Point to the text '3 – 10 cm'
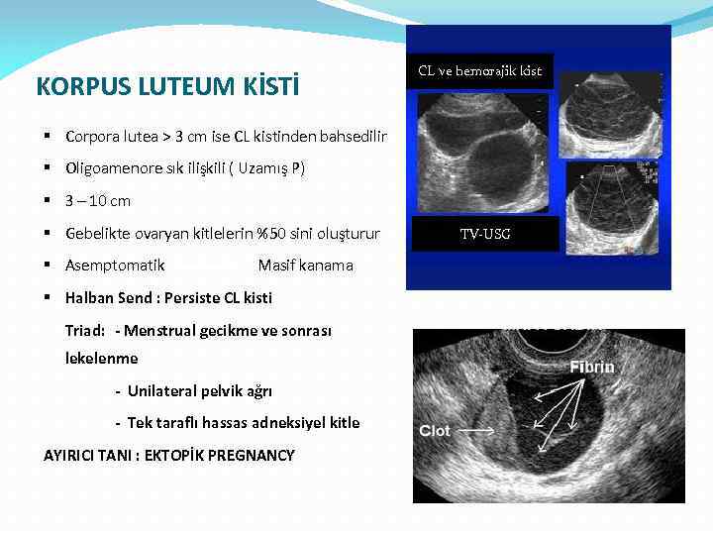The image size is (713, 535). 97,201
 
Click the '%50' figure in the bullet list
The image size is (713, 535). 270,234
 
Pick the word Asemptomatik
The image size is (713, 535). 115,266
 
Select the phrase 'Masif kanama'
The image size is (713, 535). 305,266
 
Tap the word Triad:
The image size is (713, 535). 85,330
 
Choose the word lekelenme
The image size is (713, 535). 101,358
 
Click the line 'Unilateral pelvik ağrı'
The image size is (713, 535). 199,390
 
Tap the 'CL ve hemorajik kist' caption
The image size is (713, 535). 479,71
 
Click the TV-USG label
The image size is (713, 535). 485,235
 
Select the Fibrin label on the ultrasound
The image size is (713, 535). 591,368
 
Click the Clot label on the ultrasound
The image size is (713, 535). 435,431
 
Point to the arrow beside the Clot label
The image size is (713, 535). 477,432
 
